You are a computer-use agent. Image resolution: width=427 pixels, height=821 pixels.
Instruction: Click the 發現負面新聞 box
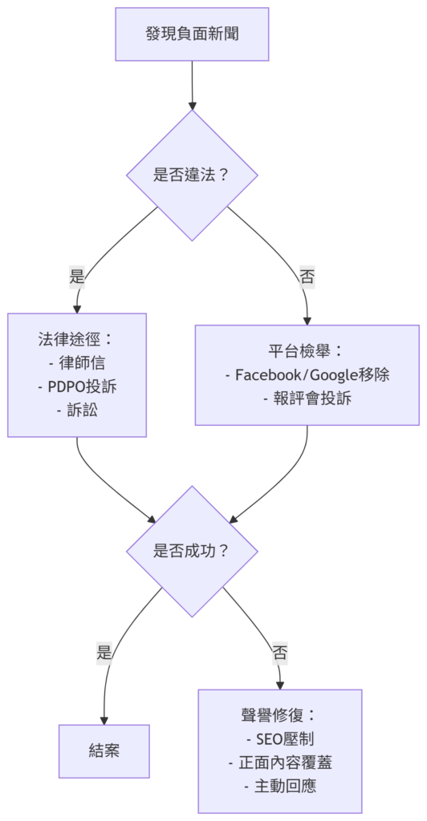[x=192, y=34]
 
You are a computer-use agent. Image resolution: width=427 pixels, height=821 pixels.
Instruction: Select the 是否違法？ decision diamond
[x=192, y=175]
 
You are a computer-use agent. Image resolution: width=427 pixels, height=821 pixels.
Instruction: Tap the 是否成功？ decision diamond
[x=192, y=551]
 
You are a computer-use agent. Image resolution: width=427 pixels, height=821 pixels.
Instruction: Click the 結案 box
[x=104, y=750]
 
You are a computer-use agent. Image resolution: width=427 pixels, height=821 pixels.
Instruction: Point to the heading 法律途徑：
[x=76, y=339]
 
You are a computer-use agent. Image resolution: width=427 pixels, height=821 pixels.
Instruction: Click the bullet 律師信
[x=76, y=363]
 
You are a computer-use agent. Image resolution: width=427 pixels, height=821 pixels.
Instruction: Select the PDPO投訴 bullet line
[x=77, y=387]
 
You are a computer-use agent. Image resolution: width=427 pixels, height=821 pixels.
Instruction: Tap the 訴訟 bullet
[x=76, y=411]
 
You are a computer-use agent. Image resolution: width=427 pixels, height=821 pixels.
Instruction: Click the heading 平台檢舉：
[x=307, y=351]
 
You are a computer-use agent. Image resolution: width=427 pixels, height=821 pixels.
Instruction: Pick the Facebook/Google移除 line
[x=307, y=375]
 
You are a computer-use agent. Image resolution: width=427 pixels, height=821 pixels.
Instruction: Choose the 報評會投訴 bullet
[x=307, y=399]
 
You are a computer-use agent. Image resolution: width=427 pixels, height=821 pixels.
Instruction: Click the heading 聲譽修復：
[x=280, y=714]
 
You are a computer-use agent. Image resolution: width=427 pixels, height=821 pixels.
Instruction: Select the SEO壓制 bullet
[x=280, y=738]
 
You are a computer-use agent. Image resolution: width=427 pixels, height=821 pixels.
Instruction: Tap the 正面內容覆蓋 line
[x=280, y=763]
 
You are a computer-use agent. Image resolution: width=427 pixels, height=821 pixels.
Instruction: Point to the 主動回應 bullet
[x=280, y=787]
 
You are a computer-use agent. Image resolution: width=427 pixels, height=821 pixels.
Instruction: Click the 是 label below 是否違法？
[x=77, y=277]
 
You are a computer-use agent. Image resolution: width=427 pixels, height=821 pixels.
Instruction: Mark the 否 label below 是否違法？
[x=307, y=277]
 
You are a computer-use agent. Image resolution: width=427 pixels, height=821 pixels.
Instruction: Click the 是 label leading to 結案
[x=104, y=653]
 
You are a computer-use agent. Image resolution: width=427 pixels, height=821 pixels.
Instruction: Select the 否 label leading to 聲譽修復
[x=280, y=653]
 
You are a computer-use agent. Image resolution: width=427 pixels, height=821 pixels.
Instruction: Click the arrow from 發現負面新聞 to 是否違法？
[x=192, y=85]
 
